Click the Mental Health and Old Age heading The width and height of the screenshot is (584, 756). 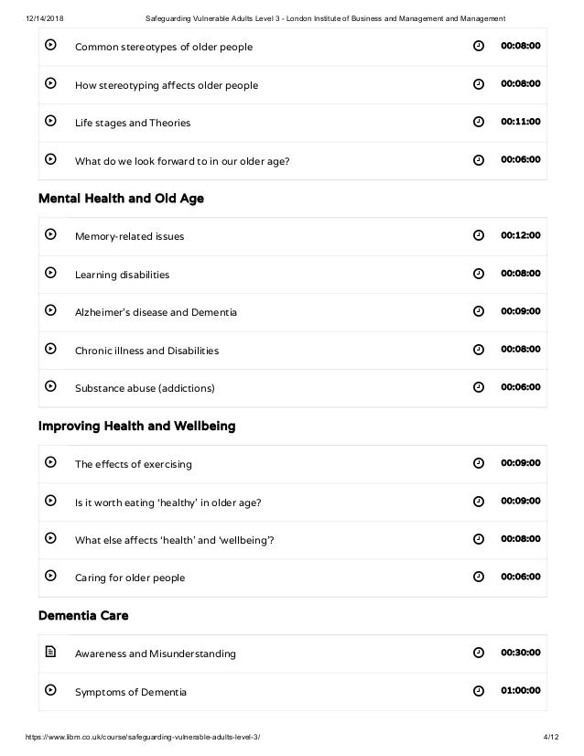click(121, 199)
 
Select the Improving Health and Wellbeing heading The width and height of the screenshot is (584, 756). click(136, 427)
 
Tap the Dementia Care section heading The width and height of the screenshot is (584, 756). click(83, 616)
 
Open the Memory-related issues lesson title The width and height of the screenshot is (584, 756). click(129, 236)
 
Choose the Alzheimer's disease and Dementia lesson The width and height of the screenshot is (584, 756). click(156, 312)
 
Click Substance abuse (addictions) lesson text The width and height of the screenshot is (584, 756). click(145, 388)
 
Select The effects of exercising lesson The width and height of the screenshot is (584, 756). click(133, 464)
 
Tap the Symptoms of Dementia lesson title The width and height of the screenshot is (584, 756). click(130, 691)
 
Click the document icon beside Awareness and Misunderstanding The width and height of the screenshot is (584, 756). click(51, 653)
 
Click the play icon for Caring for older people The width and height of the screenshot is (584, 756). click(51, 577)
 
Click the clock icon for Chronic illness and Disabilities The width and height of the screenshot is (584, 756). click(478, 350)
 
